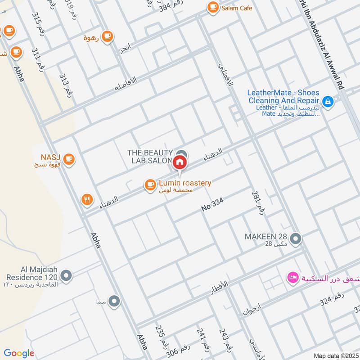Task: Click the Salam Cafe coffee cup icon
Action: [x=212, y=7]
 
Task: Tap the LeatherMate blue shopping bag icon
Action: [x=328, y=102]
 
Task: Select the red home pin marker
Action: [x=180, y=162]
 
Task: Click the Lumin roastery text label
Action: [x=184, y=183]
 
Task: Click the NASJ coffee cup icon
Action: [x=69, y=158]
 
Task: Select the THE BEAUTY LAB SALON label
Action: [x=150, y=157]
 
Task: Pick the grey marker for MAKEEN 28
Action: [x=296, y=239]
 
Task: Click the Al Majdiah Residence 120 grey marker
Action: [x=66, y=275]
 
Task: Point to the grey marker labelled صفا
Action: [x=114, y=301]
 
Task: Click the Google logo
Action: [x=19, y=353]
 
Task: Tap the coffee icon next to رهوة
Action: [x=107, y=37]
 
